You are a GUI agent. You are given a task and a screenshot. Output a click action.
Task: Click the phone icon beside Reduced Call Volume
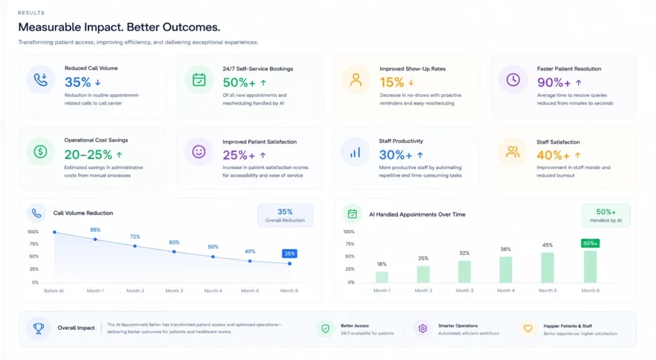coord(40,79)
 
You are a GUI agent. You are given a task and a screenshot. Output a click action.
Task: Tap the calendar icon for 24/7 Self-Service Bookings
coord(199,79)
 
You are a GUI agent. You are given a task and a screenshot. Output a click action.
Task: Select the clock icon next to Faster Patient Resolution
coord(513,79)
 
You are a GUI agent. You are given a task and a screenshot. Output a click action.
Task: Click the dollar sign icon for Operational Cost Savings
coord(40,152)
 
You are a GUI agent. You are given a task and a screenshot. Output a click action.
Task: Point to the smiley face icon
coord(199,152)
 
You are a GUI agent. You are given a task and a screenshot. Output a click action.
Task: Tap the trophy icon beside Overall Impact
coord(38,328)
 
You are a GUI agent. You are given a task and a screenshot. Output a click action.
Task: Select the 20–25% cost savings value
coord(88,155)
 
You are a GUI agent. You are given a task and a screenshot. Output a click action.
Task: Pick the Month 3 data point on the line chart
coord(174,252)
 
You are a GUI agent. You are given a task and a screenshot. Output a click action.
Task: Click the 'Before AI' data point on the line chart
coord(54,232)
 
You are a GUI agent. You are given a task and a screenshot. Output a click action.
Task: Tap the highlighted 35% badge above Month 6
coord(290,254)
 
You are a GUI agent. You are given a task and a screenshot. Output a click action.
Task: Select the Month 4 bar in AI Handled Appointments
coord(506,270)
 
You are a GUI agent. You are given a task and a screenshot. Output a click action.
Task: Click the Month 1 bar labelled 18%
coord(382,277)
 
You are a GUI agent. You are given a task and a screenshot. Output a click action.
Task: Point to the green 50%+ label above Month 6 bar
coord(590,243)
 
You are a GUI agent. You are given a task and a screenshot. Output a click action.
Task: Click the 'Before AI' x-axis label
coord(54,291)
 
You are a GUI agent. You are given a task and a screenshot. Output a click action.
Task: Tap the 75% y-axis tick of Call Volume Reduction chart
coord(34,244)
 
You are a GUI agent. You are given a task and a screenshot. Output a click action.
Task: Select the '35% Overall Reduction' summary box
coord(285,215)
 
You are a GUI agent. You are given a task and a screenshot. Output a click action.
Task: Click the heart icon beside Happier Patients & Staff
coord(528,329)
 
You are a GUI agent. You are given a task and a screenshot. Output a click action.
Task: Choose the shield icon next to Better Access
coord(325,329)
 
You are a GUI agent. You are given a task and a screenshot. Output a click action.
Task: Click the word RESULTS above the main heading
coord(31,13)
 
